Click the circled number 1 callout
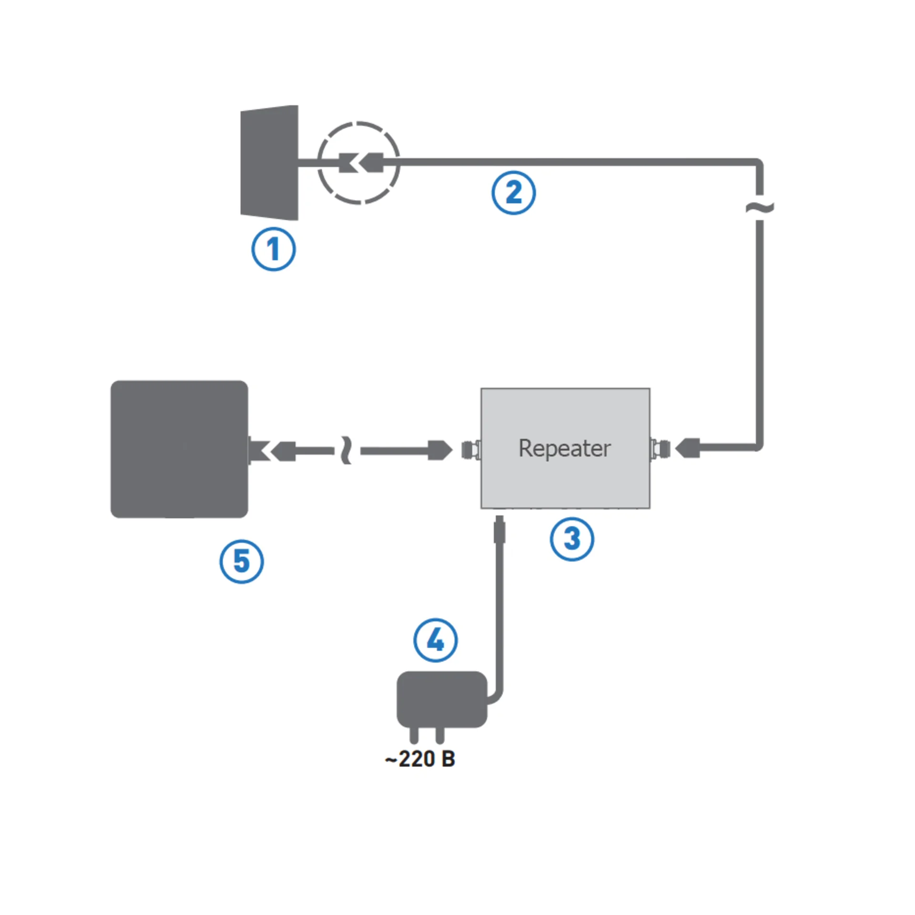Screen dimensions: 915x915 (x=273, y=249)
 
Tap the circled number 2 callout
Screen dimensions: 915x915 (x=513, y=193)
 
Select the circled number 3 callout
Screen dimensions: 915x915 (x=572, y=539)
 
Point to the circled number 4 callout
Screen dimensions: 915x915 (x=436, y=640)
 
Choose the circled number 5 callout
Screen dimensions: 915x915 (x=242, y=561)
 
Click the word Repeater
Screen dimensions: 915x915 (x=565, y=448)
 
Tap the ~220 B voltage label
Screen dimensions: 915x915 (x=420, y=759)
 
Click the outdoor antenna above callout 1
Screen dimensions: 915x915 (x=270, y=163)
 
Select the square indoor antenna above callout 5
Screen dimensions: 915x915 (x=179, y=449)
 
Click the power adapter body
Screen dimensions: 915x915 (x=442, y=699)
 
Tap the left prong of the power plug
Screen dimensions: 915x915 (x=414, y=735)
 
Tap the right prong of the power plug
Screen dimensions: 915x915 (x=440, y=735)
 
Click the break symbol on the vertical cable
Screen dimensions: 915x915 (x=760, y=207)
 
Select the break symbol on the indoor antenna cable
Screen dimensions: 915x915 (x=347, y=450)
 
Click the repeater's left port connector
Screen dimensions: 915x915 (x=471, y=449)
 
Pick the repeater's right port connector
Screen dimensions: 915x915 (x=660, y=449)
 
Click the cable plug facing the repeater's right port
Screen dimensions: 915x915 (x=688, y=448)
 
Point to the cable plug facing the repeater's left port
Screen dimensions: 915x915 (x=440, y=450)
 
